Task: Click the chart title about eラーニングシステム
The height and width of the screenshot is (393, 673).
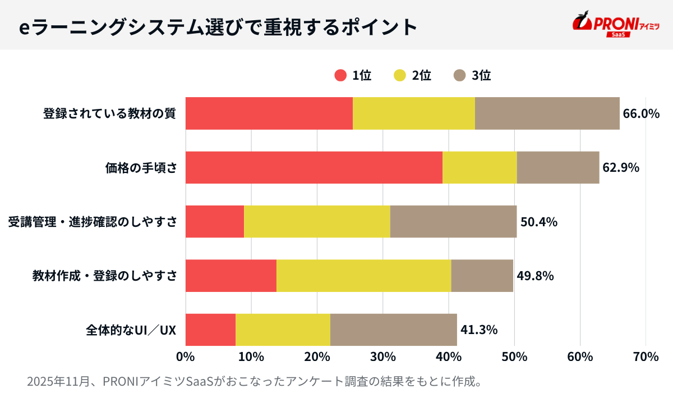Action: click(218, 26)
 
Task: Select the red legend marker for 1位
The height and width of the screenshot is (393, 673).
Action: click(340, 75)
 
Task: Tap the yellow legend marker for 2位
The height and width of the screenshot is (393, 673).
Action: click(400, 75)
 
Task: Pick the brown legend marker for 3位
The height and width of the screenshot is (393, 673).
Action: click(460, 75)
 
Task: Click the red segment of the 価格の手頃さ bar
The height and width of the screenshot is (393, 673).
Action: click(314, 167)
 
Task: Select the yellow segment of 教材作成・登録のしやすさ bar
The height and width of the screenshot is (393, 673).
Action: click(363, 276)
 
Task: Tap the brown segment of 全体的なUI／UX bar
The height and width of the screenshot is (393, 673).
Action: click(393, 330)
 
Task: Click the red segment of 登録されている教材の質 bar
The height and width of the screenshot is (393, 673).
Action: click(269, 113)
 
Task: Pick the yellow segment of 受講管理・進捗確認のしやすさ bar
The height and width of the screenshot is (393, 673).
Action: click(317, 221)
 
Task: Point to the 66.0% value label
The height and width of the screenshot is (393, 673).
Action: click(641, 113)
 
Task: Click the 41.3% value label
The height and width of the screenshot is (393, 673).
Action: click(479, 330)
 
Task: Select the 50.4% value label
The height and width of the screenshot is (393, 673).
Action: click(539, 222)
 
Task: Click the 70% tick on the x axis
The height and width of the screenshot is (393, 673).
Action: click(646, 357)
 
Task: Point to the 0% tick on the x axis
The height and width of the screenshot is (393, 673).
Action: click(185, 357)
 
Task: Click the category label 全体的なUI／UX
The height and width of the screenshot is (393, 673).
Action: click(131, 330)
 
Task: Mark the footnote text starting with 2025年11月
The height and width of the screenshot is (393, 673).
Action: click(255, 381)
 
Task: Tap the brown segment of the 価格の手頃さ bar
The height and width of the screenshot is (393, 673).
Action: click(558, 167)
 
